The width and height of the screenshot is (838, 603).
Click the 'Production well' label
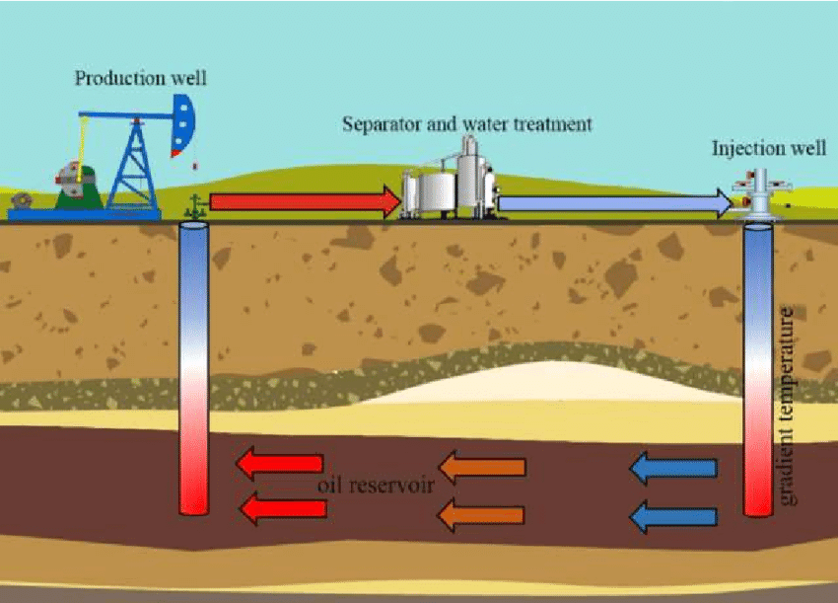(141, 78)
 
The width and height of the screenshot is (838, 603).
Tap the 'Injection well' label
(769, 149)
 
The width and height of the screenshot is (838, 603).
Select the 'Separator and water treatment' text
(466, 124)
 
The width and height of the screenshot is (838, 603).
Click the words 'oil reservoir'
(376, 488)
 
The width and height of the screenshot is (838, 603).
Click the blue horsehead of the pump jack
(182, 123)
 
